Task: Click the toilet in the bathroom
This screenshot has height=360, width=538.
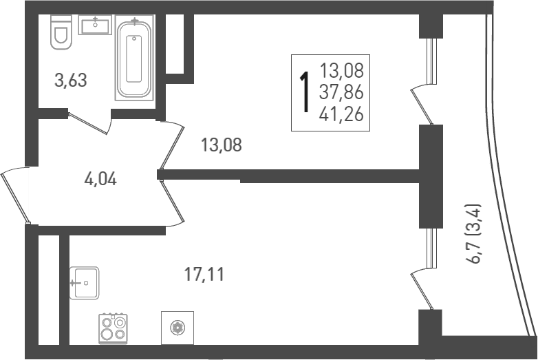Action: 61,34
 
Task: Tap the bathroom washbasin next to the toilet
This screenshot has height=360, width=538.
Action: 94,26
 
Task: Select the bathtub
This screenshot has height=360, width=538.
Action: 135,59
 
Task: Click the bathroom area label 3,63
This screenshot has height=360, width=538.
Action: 71,81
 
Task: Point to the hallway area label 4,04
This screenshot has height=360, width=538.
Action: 100,180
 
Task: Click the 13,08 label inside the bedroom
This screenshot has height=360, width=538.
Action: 222,145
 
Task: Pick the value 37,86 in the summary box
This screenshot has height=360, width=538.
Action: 341,92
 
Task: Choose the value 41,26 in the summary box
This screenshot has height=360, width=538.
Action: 341,114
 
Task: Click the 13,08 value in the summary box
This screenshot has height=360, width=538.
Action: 341,70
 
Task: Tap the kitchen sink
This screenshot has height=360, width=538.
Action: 84,283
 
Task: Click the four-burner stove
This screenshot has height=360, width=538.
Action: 113,327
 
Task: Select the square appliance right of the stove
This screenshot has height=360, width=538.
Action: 177,328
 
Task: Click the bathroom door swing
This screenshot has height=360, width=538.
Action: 91,123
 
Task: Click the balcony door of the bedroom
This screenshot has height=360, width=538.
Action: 421,103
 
